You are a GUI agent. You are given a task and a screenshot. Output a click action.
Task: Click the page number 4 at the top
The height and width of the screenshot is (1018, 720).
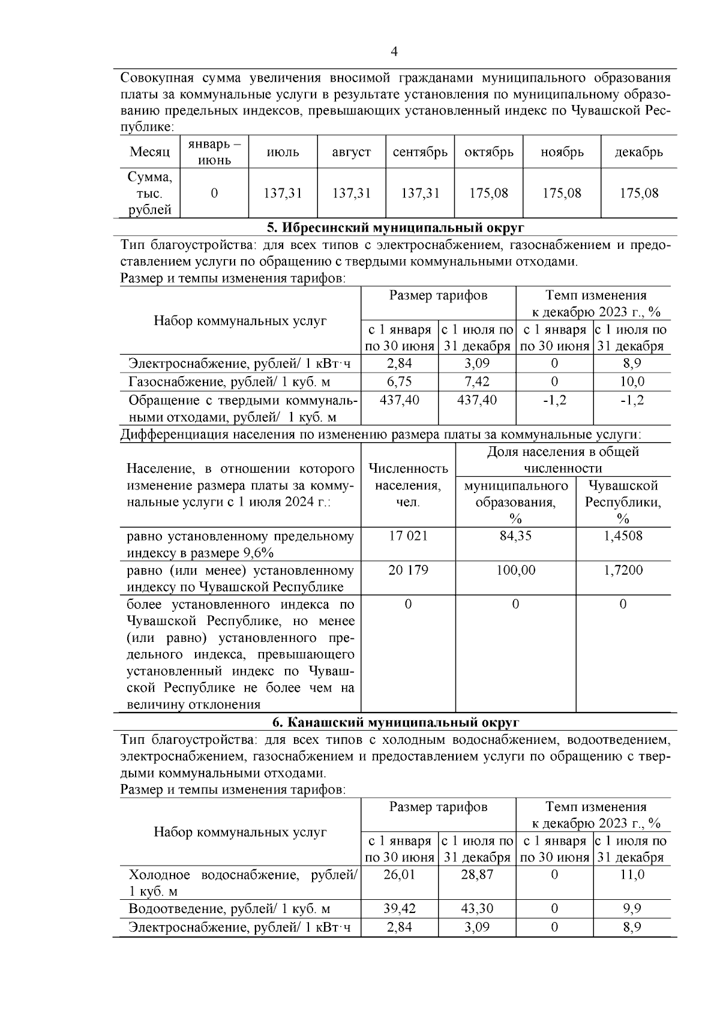(394, 52)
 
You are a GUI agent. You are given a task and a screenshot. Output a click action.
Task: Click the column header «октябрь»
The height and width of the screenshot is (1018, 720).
(489, 152)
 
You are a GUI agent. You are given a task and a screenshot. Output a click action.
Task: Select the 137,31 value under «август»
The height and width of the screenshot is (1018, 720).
(352, 193)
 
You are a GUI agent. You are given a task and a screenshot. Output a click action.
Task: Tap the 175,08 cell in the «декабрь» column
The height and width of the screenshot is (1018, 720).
(639, 193)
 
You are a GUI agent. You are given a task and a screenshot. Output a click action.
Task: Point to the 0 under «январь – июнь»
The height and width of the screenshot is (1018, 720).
(214, 193)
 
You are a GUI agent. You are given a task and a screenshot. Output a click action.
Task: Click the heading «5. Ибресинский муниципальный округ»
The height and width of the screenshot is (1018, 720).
(395, 227)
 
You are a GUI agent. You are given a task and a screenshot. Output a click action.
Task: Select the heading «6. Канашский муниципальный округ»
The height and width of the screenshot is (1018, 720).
(395, 722)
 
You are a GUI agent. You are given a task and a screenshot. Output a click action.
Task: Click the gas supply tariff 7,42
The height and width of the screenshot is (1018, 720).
(477, 382)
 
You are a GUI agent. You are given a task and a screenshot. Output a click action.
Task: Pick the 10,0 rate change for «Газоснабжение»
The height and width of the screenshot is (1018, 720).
(632, 382)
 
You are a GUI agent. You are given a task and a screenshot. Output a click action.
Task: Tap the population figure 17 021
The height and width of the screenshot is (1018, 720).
(408, 536)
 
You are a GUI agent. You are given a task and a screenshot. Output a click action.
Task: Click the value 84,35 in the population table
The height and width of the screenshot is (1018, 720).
(515, 536)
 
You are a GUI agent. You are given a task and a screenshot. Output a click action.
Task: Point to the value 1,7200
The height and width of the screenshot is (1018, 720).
(623, 570)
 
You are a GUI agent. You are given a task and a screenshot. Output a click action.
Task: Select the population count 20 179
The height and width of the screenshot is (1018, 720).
(408, 570)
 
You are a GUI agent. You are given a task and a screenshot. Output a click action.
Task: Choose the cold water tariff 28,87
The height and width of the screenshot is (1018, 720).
(477, 875)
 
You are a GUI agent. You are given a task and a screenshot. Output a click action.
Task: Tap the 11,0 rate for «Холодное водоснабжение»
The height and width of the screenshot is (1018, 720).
(632, 875)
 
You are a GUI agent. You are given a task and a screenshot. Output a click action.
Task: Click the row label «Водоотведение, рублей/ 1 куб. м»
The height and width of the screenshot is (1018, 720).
(229, 909)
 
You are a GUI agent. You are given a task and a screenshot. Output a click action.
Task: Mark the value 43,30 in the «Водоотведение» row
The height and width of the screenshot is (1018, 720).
(477, 909)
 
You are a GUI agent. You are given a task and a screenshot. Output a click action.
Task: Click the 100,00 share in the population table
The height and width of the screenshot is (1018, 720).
(515, 570)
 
